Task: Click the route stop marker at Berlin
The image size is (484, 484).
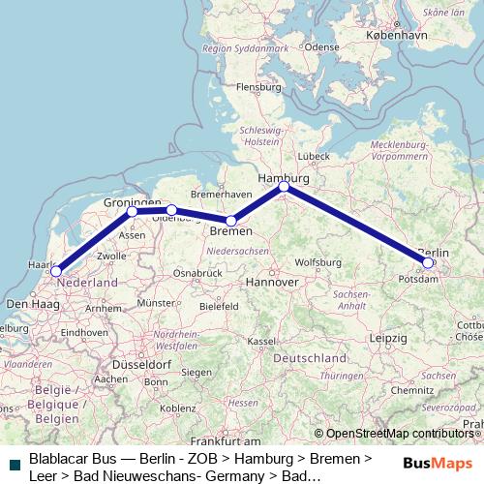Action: [x=428, y=262]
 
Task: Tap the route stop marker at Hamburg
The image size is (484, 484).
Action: [x=284, y=187]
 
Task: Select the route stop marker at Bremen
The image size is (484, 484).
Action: [x=231, y=222]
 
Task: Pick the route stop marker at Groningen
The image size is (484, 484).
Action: [x=133, y=210]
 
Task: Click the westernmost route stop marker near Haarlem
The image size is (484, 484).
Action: [x=56, y=272]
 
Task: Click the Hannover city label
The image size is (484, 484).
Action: [x=271, y=282]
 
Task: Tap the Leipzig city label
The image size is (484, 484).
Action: [x=387, y=339]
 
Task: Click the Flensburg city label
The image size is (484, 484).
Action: [x=258, y=86]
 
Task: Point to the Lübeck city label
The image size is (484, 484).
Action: [x=315, y=156]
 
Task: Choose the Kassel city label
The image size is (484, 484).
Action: [x=261, y=341]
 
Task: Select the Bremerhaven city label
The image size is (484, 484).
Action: [x=223, y=195]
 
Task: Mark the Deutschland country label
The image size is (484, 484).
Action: [x=310, y=358]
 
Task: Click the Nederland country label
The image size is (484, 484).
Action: [x=87, y=283]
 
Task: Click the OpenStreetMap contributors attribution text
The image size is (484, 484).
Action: [x=399, y=434]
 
